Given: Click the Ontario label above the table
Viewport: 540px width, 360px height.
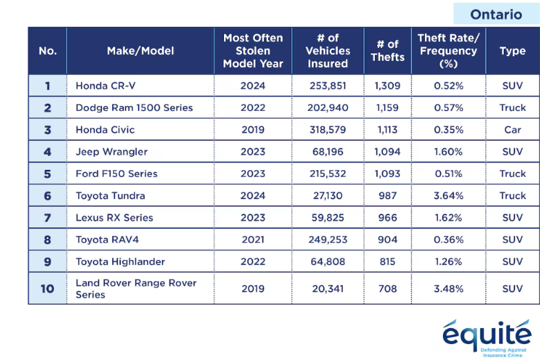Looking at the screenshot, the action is [x=496, y=15].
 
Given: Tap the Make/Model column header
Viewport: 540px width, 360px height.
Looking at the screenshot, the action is [x=141, y=51].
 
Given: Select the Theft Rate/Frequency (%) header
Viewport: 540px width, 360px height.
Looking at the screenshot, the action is [x=448, y=51].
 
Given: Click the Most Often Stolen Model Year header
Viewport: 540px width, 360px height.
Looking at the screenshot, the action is [x=253, y=51].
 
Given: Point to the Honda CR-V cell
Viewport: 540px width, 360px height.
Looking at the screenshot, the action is [x=106, y=86].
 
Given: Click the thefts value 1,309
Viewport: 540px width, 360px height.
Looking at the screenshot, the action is [x=387, y=86].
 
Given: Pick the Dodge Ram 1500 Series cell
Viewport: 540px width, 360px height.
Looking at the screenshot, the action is [x=134, y=108].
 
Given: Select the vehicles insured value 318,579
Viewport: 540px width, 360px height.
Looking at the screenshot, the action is [x=327, y=130].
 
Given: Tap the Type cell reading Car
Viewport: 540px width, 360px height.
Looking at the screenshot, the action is [x=512, y=130].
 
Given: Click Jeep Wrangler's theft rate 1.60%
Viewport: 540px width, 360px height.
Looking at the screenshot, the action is [x=448, y=152].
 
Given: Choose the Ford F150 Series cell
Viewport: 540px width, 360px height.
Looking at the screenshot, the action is [x=116, y=173].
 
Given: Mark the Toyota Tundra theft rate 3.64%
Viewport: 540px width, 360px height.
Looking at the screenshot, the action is [x=448, y=196].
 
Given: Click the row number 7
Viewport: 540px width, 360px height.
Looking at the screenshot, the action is [x=48, y=218].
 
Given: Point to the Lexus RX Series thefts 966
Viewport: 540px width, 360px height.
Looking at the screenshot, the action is [x=387, y=218].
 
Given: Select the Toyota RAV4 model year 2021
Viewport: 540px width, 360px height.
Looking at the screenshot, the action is [x=253, y=240].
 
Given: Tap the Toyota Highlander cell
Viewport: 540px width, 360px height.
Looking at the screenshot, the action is [x=120, y=262].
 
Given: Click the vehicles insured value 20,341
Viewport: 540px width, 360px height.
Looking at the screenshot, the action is [x=327, y=289].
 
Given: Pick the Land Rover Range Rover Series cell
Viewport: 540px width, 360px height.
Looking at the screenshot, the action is [x=136, y=289].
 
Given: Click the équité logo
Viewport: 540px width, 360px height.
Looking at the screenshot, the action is [x=487, y=338].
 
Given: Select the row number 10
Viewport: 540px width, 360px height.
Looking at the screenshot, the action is [x=48, y=289].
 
